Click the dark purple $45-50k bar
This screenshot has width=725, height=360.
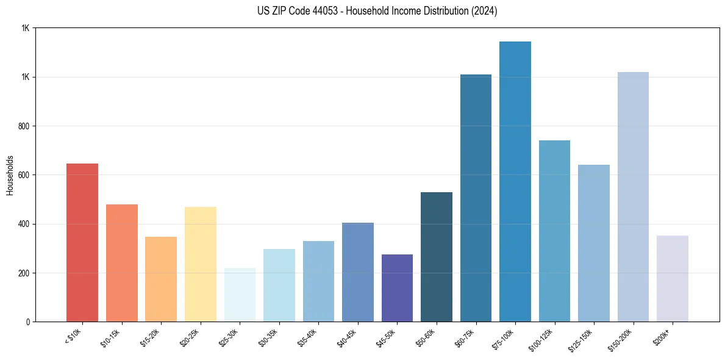click(397, 288)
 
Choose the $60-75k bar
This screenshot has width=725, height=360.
click(476, 198)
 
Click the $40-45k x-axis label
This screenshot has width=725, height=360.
click(345, 337)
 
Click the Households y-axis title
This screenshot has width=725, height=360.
click(10, 175)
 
